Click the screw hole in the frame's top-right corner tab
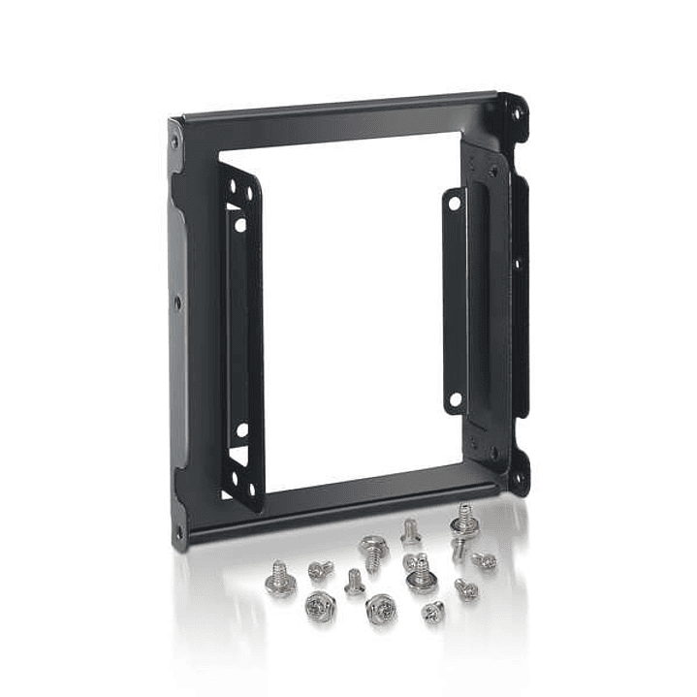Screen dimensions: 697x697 pyautogui.click(x=517, y=113)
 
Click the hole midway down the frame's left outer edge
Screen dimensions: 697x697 pyautogui.click(x=177, y=301)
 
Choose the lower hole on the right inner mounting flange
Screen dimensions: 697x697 pyautogui.click(x=454, y=398)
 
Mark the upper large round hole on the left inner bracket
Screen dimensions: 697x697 pyautogui.click(x=240, y=224)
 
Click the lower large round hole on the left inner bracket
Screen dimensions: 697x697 pyautogui.click(x=241, y=429)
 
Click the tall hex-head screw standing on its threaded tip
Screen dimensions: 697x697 pyautogui.click(x=371, y=551)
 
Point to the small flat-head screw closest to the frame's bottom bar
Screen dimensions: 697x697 pyautogui.click(x=409, y=529)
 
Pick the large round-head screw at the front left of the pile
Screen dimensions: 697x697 pyautogui.click(x=317, y=607)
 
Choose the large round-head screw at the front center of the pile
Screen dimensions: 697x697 pyautogui.click(x=379, y=610)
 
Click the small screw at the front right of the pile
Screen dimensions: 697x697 pyautogui.click(x=432, y=611)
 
